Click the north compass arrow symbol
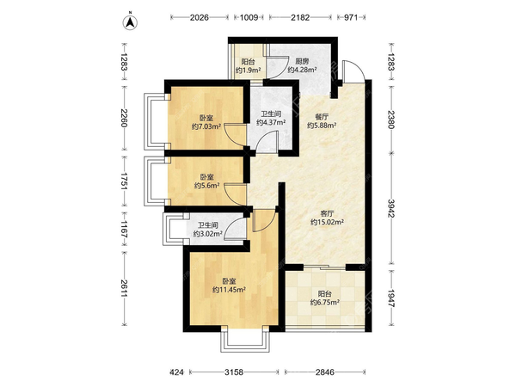click(131, 21)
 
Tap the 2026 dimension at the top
click(200, 17)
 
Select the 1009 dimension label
click(249, 17)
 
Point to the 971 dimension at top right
click(351, 17)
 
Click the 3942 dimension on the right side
click(391, 209)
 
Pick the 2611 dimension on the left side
click(124, 288)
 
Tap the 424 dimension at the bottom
click(176, 372)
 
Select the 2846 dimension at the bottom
click(325, 372)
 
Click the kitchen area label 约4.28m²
click(302, 70)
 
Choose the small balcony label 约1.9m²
click(249, 70)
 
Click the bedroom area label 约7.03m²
click(206, 126)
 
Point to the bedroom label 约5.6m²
click(206, 186)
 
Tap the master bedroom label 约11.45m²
click(229, 290)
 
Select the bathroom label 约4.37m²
click(271, 122)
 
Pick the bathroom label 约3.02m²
click(207, 234)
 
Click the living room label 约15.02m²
click(328, 222)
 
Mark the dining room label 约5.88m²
click(322, 126)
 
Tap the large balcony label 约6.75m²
click(325, 302)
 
